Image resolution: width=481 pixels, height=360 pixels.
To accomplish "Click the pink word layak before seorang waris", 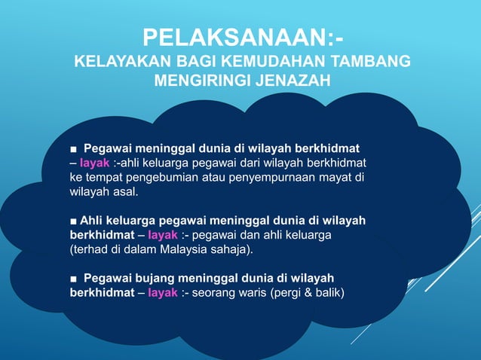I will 163,292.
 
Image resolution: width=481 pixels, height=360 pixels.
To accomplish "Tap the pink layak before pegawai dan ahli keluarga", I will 163,234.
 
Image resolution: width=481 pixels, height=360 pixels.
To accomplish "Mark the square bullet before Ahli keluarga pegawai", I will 72,220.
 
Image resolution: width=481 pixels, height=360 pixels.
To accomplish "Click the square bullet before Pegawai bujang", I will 73,278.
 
